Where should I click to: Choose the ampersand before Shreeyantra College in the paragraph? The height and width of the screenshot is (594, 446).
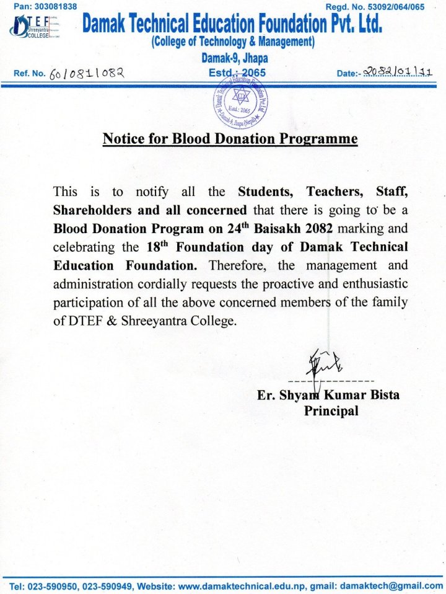(113, 322)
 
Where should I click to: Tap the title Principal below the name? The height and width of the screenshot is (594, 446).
(331, 410)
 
